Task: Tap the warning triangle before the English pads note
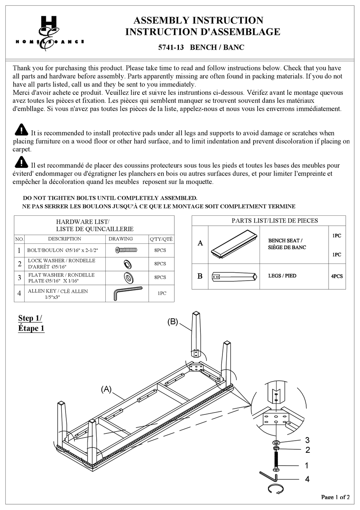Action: [x=22, y=130]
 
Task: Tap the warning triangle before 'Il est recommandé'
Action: [x=22, y=162]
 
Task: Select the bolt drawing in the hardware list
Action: [x=126, y=250]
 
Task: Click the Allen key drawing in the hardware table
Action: [x=127, y=293]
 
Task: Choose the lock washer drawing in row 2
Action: [x=127, y=264]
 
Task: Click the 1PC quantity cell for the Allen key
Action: [x=162, y=293]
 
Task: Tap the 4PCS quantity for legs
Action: [x=337, y=276]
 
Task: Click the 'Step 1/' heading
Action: [x=30, y=318]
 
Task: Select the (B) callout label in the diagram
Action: [x=172, y=322]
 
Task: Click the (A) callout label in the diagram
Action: [x=106, y=389]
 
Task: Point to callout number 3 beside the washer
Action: [x=307, y=440]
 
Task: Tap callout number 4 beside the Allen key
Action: [x=307, y=479]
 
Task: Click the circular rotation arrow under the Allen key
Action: [x=276, y=489]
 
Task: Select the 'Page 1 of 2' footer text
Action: [x=335, y=497]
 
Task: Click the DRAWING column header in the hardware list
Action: [x=121, y=239]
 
